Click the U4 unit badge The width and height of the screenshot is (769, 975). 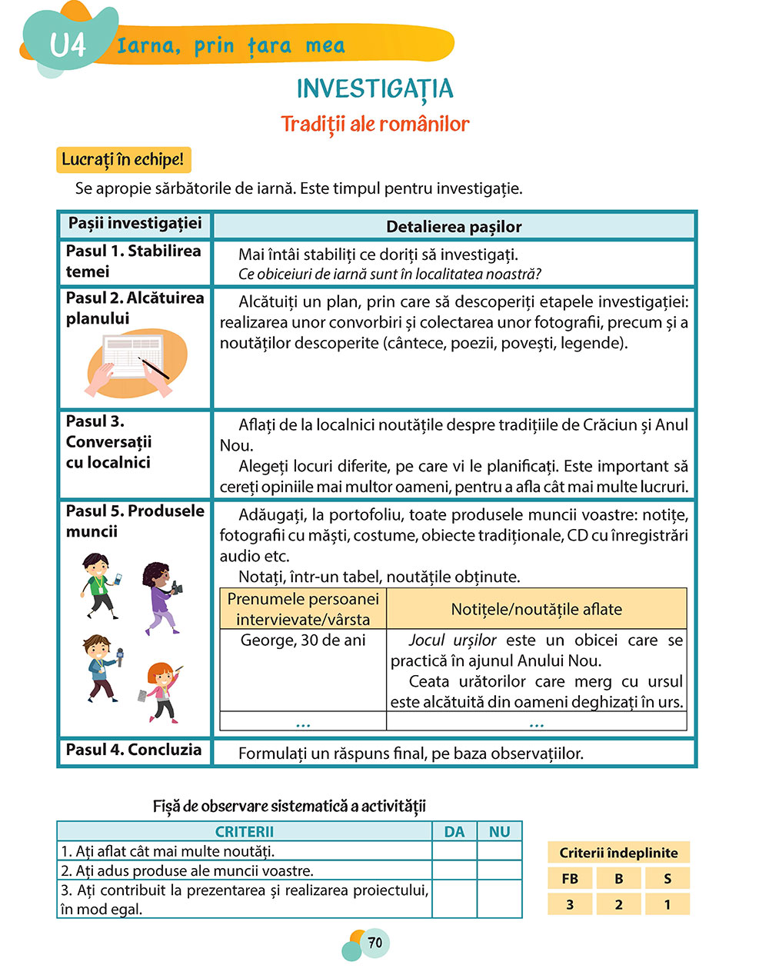click(68, 45)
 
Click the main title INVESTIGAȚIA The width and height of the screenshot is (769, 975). click(375, 89)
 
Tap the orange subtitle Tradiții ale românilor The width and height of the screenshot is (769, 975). click(375, 124)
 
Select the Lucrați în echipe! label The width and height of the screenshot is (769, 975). click(123, 160)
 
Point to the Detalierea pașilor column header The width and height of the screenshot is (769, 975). click(454, 227)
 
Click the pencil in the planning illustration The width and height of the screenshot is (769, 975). click(155, 368)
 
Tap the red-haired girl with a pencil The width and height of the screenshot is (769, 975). click(162, 691)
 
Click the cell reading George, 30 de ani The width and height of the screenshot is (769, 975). click(303, 641)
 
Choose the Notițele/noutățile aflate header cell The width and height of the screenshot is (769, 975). click(536, 609)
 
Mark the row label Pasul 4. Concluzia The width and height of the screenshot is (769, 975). click(134, 750)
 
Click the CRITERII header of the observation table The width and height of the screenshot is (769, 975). click(245, 831)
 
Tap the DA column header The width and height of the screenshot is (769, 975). click(454, 831)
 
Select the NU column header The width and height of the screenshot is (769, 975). click(500, 831)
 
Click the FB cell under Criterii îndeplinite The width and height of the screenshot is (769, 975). click(570, 879)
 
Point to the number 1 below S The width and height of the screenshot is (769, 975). click(667, 904)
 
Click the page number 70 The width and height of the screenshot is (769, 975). click(375, 943)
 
